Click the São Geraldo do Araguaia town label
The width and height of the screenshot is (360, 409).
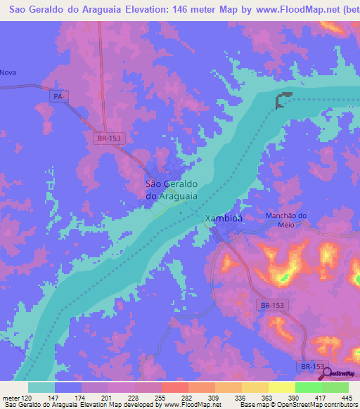pos(171,190)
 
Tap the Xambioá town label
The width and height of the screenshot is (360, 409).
pos(224,219)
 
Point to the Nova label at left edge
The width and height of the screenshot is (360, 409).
pos(8,72)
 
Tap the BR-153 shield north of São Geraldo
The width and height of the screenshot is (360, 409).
pos(109,138)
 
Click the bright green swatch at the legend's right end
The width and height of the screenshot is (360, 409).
pos(335,387)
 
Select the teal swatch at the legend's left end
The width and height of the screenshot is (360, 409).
pos(41,387)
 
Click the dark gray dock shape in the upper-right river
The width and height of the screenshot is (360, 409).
pos(283,100)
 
